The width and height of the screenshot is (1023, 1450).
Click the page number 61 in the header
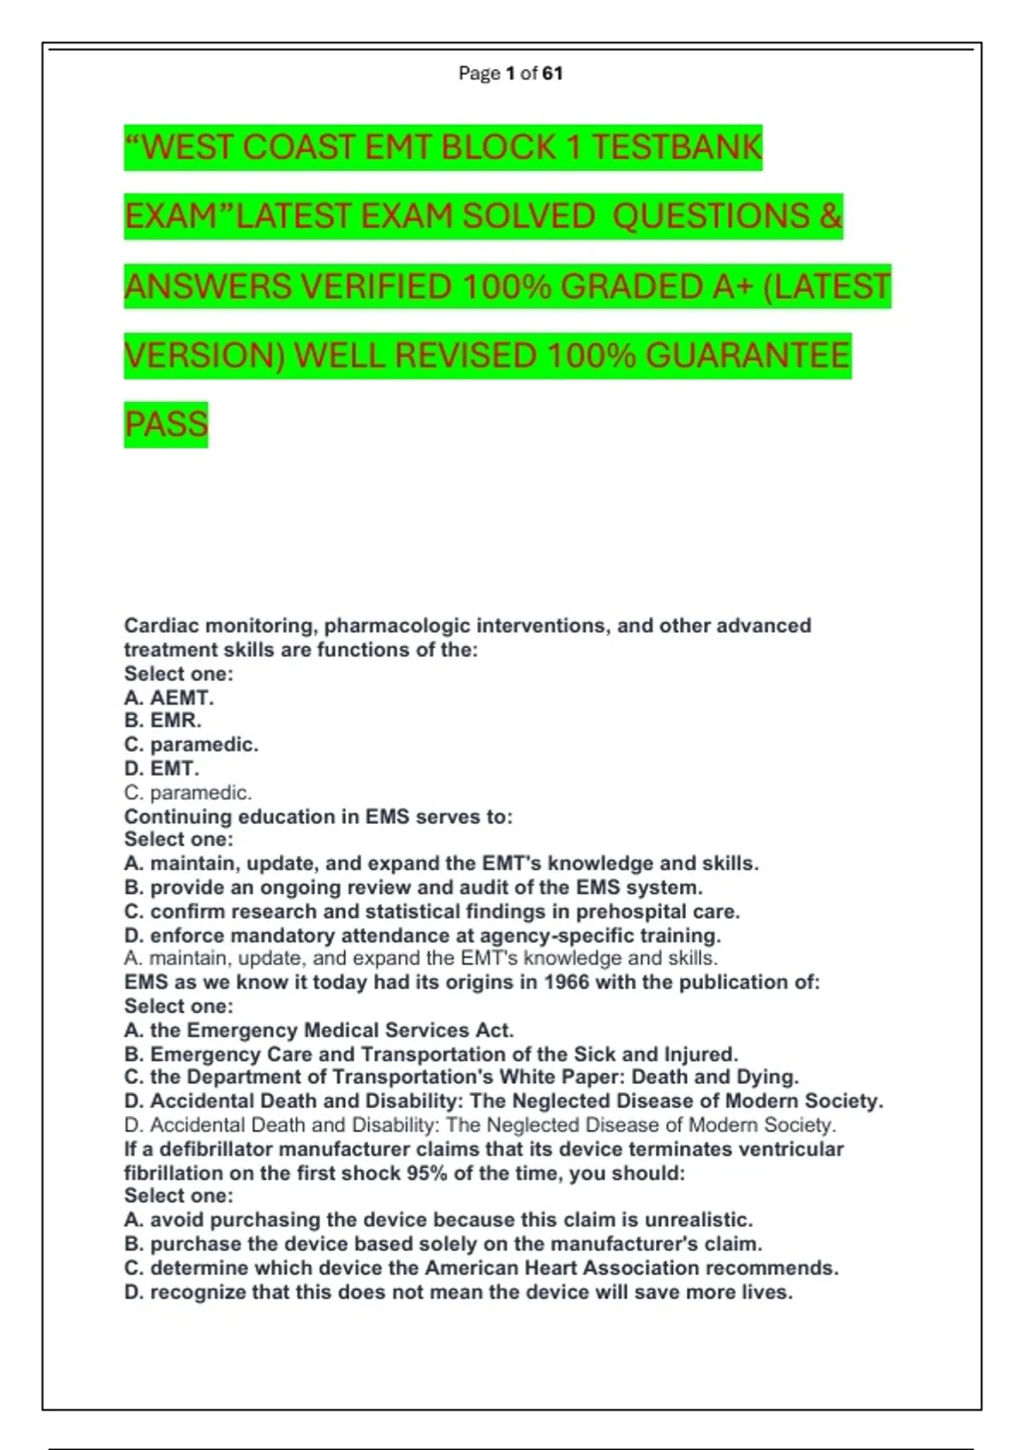tap(552, 73)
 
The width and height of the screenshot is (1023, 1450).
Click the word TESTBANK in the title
tap(676, 147)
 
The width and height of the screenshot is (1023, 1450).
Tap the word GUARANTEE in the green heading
tap(748, 355)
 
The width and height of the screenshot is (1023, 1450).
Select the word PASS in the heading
tap(166, 424)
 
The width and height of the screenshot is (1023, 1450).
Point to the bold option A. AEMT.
tap(169, 698)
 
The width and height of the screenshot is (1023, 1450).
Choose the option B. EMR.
tap(163, 721)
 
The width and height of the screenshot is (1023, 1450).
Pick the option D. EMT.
tap(161, 768)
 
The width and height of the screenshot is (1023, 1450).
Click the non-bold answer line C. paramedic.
tap(188, 792)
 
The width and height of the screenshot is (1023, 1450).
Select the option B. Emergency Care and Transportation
tap(431, 1053)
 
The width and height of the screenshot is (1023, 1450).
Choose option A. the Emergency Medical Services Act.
tap(319, 1030)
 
